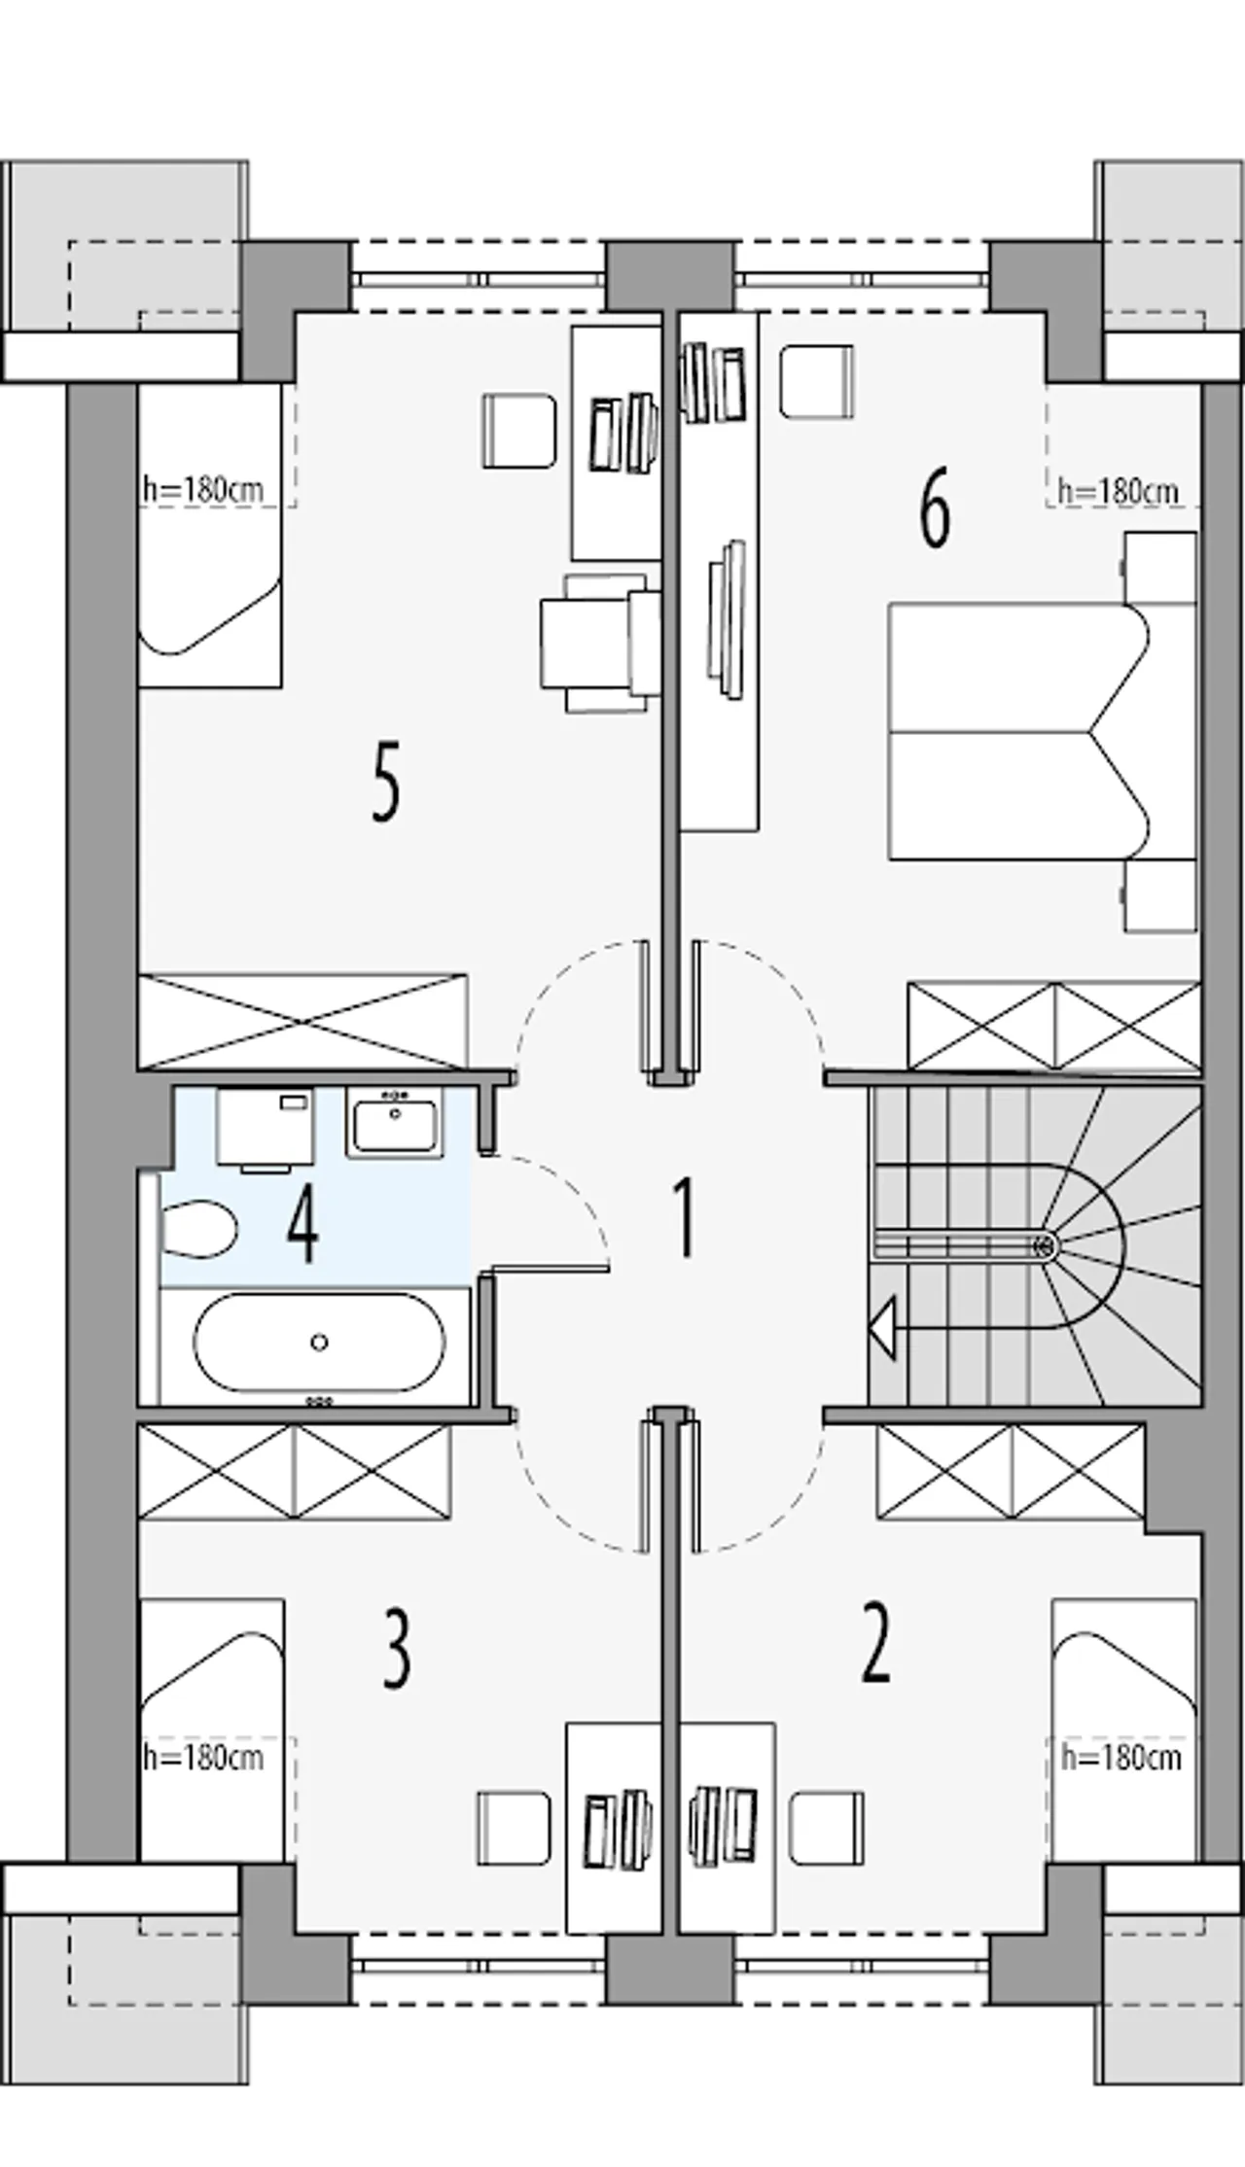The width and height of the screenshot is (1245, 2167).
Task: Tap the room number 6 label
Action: (934, 515)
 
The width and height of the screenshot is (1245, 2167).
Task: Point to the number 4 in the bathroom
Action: (302, 1230)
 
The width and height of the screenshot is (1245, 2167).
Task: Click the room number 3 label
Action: (396, 1651)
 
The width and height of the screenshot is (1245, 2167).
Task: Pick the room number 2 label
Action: (875, 1646)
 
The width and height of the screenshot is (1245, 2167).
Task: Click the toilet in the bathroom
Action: (197, 1230)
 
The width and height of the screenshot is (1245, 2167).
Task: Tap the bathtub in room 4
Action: (319, 1343)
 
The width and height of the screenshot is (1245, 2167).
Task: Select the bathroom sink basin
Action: (396, 1123)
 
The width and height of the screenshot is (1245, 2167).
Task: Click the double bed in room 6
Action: (1012, 731)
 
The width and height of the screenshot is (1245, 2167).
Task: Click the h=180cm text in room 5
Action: (203, 489)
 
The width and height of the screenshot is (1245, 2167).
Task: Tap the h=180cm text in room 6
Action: (1118, 491)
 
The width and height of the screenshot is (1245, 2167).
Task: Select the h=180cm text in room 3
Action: (203, 1757)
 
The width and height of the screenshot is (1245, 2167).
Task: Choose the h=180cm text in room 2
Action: (1120, 1757)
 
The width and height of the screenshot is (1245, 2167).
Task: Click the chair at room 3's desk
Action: (515, 1829)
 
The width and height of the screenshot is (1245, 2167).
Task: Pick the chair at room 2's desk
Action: (827, 1829)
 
